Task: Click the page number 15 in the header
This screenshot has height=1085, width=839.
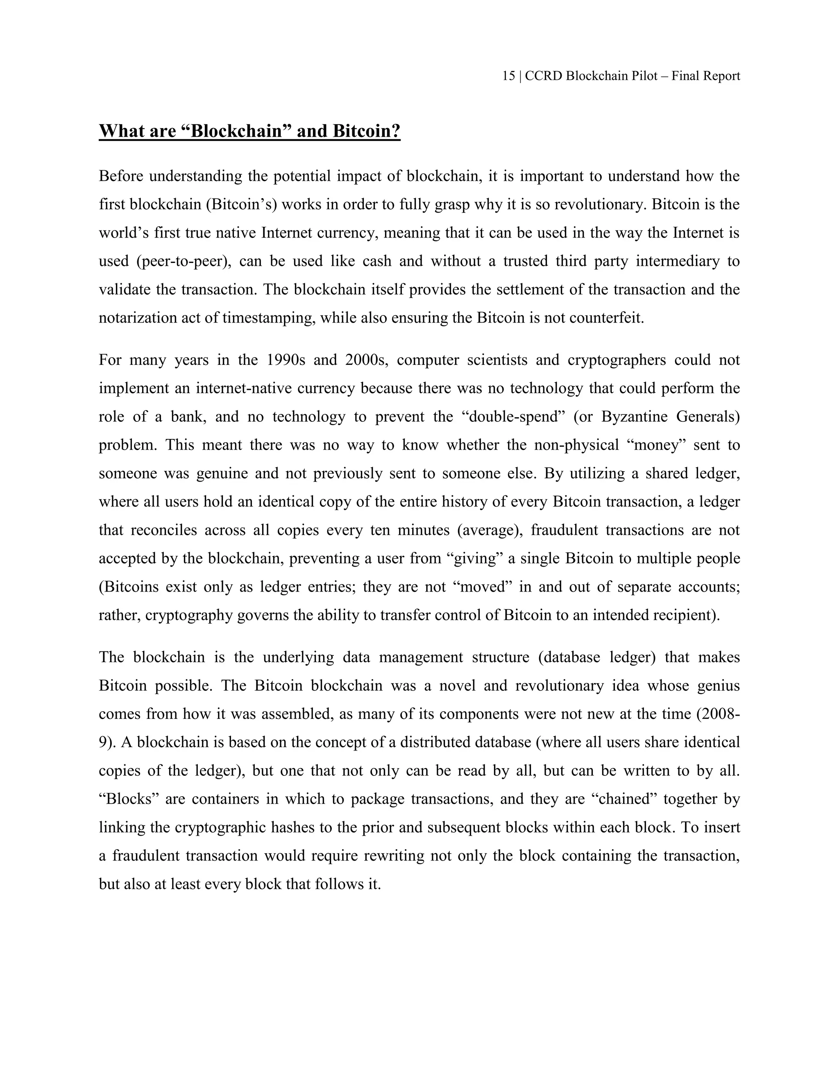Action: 508,76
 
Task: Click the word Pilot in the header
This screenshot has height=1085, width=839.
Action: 645,76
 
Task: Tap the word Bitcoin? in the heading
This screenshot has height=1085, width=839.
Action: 366,131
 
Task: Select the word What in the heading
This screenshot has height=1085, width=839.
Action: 120,131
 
